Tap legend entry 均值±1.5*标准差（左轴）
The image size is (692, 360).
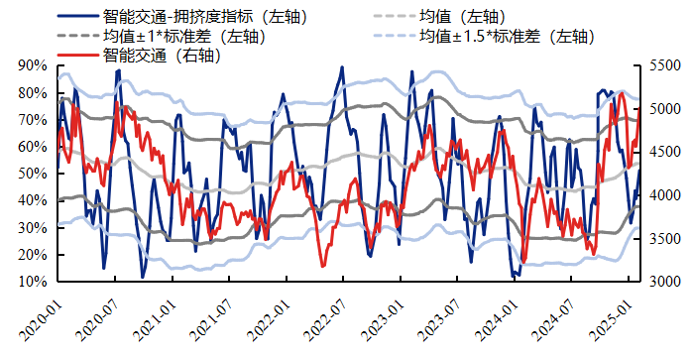[505, 37]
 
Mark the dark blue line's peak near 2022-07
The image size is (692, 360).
[342, 67]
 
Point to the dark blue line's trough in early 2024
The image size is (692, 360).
[515, 277]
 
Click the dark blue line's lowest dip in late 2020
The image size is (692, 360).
[143, 277]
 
